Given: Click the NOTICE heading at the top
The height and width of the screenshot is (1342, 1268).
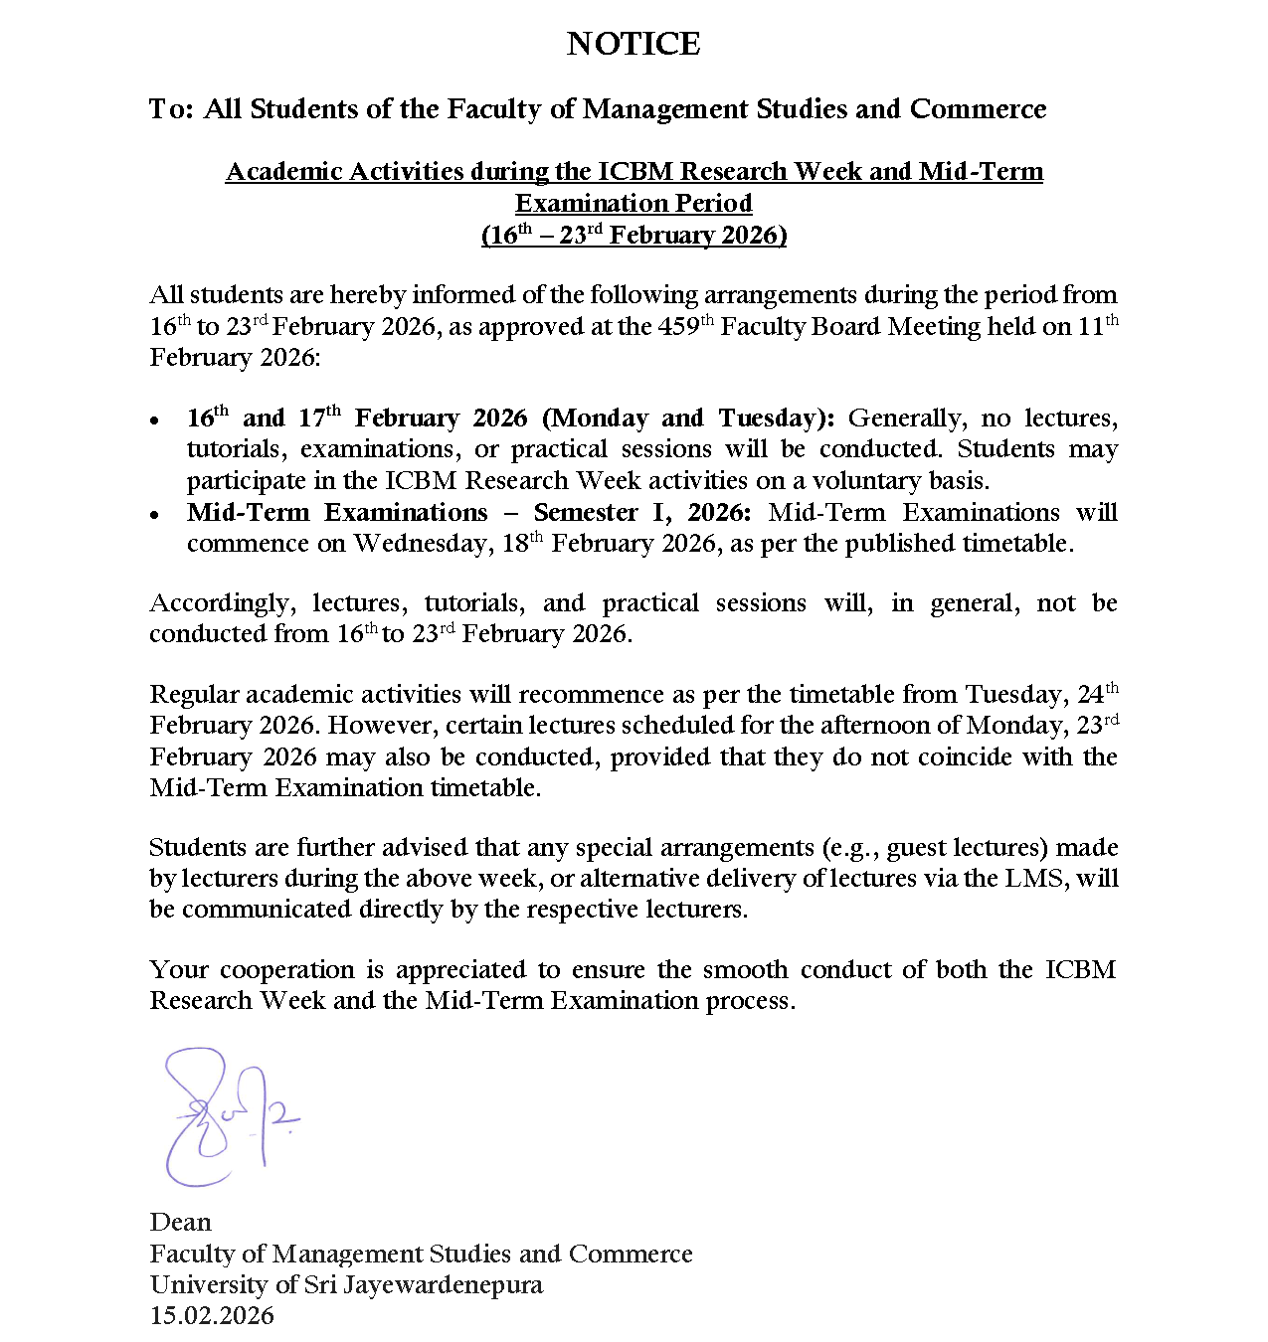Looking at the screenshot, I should pos(634,44).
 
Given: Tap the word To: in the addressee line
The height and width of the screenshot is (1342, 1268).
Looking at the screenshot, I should pos(172,109).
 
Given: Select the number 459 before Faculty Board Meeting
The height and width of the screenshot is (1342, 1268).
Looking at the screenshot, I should pos(679,327).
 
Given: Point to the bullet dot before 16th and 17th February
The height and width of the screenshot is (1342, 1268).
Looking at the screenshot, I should pos(154,421).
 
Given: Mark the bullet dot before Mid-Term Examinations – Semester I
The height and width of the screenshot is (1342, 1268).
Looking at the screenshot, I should pos(154,515).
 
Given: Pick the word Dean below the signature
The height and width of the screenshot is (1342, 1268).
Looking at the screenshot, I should pos(180,1223).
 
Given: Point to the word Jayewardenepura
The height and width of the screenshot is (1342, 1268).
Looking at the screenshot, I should pos(443,1285).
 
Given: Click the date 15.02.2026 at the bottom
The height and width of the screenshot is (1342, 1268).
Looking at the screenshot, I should pos(212,1316).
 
